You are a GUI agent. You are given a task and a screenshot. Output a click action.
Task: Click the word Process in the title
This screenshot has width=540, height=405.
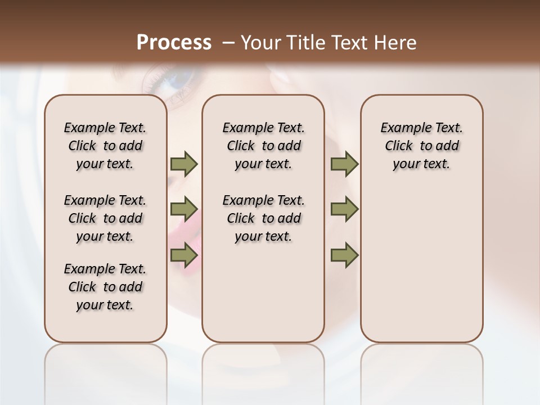click(x=174, y=43)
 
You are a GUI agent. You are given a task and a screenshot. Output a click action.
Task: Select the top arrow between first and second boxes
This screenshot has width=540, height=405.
click(x=184, y=164)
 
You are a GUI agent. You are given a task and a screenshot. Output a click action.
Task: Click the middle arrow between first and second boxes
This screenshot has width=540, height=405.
click(x=184, y=209)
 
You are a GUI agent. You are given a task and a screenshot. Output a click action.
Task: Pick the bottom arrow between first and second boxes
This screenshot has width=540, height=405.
click(x=184, y=255)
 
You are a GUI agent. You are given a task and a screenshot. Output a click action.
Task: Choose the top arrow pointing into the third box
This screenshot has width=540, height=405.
click(x=344, y=164)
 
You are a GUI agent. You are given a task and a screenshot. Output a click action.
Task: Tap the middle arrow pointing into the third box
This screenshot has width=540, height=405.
click(x=344, y=209)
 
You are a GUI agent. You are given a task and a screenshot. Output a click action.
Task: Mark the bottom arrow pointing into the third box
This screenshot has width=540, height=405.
click(x=344, y=255)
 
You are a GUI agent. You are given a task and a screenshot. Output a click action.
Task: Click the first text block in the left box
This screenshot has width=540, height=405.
click(x=105, y=146)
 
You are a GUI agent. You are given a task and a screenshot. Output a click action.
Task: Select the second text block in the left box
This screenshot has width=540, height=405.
click(x=105, y=218)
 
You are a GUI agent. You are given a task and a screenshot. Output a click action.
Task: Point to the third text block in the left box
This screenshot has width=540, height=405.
click(x=105, y=287)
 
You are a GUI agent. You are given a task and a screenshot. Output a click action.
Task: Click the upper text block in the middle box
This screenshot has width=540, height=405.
click(x=263, y=146)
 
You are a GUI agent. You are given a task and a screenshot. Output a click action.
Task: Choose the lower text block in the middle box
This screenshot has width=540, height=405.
click(x=263, y=218)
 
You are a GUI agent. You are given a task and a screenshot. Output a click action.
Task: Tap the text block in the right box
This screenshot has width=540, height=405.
click(x=421, y=146)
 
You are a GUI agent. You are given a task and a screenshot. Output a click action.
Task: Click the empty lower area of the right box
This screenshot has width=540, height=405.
click(x=421, y=264)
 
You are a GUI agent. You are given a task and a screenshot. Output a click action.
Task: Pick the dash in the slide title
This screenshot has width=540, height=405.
click(x=228, y=43)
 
